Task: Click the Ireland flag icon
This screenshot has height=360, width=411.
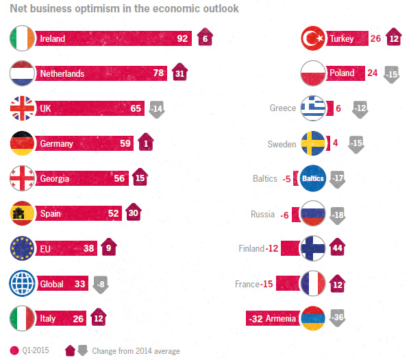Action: [x=23, y=38]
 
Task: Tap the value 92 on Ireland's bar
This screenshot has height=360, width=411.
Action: [x=182, y=38]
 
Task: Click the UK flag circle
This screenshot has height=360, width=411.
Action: [x=23, y=108]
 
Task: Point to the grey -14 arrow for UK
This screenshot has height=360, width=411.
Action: [x=157, y=109]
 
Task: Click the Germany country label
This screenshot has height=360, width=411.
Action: [x=57, y=144]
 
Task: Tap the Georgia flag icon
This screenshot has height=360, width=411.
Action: [x=23, y=179]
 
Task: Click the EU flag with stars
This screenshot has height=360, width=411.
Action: [x=23, y=249]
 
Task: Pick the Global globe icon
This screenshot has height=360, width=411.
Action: [x=23, y=284]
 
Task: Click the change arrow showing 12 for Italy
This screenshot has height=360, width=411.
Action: [x=99, y=319]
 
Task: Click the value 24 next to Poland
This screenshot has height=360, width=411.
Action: [x=372, y=73]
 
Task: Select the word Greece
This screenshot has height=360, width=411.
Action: [x=283, y=108]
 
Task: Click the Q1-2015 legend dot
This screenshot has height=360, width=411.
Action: [x=14, y=351]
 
